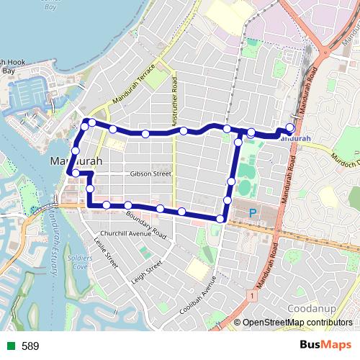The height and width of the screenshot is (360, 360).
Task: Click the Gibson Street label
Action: (x=151, y=174)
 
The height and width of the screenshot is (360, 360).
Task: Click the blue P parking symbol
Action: (x=253, y=213)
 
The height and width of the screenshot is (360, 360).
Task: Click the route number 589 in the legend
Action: (x=30, y=346)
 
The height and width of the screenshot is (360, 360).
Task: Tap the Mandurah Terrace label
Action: (x=139, y=90)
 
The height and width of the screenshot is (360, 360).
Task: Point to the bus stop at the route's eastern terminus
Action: (x=290, y=129)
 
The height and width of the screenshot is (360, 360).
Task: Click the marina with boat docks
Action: (x=30, y=94)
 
